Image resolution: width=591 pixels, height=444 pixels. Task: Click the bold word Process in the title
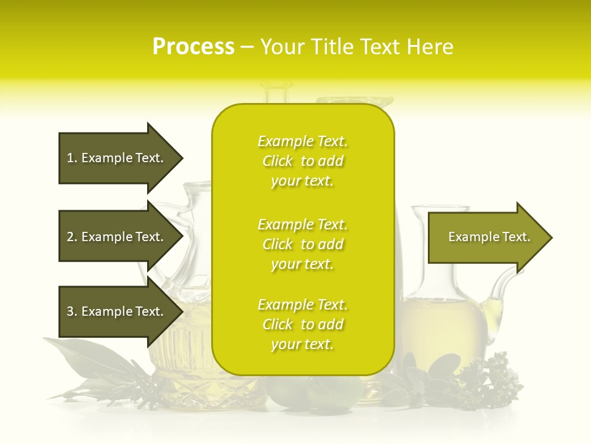pos(193,47)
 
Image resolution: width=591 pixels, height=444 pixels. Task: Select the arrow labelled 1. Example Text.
pos(115,158)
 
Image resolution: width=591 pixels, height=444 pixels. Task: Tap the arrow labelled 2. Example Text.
pos(115,237)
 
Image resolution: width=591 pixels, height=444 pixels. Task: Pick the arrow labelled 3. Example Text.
pos(115,311)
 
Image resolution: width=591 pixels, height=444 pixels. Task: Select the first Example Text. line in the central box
pos(302,142)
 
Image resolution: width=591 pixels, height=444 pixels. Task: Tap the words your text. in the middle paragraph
pos(302,264)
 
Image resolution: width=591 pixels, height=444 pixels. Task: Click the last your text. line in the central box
pos(302,345)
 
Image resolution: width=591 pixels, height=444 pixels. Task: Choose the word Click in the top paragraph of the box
pos(277,162)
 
